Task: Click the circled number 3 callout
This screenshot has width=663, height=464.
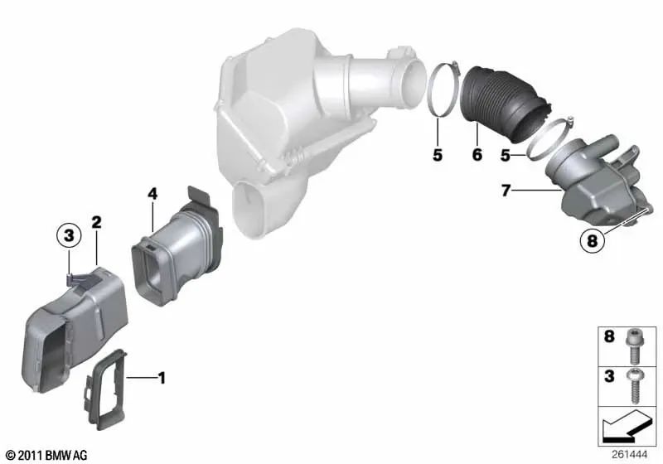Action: tap(69, 234)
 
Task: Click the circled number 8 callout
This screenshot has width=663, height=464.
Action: tap(592, 241)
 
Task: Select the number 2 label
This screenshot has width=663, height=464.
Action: tap(97, 222)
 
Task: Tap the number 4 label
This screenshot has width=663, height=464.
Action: tap(152, 194)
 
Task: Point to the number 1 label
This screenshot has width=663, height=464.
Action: tap(162, 378)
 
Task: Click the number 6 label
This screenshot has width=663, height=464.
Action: tap(477, 155)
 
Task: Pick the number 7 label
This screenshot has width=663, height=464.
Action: tap(506, 191)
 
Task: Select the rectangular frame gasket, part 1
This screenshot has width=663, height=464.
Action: tap(107, 389)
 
